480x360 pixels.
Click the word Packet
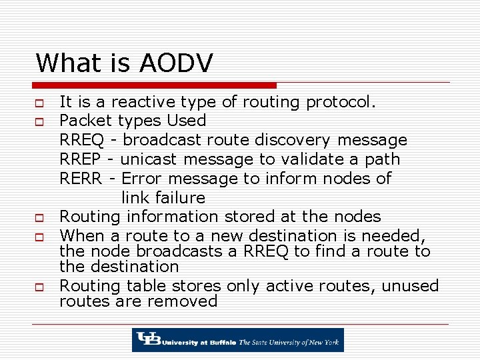[x=87, y=121]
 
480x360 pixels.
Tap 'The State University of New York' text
[x=289, y=343]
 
